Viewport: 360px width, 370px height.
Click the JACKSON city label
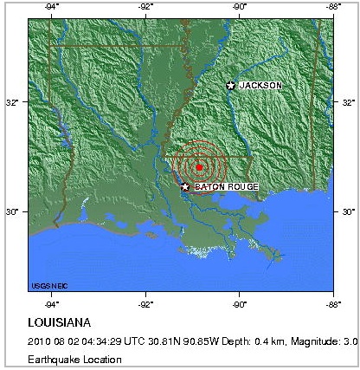[260, 85]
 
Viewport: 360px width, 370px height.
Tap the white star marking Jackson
[231, 85]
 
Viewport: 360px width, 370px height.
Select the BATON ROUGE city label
[223, 186]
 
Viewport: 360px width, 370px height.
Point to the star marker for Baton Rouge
[185, 186]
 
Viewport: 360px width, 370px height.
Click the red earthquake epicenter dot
[199, 167]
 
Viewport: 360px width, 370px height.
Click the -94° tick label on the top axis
[52, 7]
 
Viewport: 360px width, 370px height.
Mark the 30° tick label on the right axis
[348, 211]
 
